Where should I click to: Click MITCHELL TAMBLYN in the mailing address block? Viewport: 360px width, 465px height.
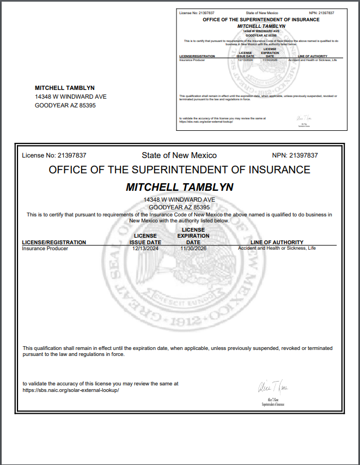click(65, 88)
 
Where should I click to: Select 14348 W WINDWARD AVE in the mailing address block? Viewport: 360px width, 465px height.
click(70, 96)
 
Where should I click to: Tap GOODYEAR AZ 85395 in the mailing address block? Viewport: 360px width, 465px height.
click(65, 105)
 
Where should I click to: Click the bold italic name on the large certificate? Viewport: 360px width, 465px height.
click(180, 187)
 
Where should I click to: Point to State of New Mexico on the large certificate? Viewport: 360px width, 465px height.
click(179, 155)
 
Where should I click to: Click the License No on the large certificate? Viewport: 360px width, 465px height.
click(54, 155)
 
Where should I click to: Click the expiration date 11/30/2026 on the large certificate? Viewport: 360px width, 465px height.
click(193, 248)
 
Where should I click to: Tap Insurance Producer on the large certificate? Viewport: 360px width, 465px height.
click(45, 248)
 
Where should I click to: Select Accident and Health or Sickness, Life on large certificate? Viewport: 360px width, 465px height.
click(277, 248)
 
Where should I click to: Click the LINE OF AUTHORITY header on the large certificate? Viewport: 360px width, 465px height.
click(277, 242)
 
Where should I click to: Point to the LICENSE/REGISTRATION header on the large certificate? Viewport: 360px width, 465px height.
click(54, 242)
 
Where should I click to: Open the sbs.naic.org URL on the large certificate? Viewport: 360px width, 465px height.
click(70, 390)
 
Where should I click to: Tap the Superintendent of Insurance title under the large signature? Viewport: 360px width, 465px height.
click(273, 404)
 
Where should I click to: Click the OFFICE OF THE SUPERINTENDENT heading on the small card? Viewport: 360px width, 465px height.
click(261, 20)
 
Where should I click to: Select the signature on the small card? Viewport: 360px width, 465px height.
click(303, 118)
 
